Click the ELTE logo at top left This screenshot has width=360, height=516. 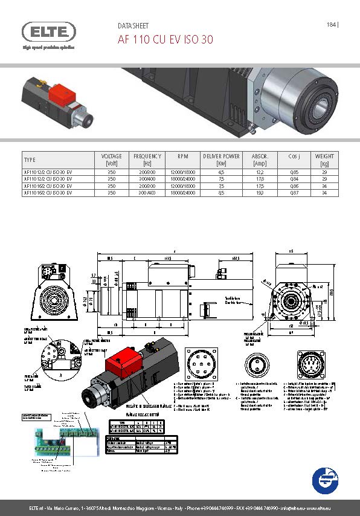point(50,32)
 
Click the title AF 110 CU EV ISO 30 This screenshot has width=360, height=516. point(164,40)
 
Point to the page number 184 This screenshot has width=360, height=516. point(330,25)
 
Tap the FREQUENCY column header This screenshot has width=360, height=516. point(147,160)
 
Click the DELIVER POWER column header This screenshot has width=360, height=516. point(221,160)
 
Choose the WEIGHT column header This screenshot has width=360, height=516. point(324,160)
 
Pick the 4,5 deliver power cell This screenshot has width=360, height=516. point(221,172)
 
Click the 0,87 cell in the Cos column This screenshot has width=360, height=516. point(294,193)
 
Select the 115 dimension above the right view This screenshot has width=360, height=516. point(291,251)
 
